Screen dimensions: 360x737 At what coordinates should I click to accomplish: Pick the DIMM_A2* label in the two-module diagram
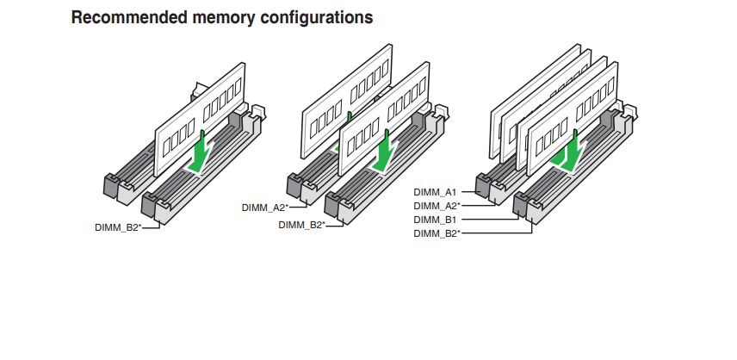265,208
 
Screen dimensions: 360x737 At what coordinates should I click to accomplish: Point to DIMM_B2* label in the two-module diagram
301,225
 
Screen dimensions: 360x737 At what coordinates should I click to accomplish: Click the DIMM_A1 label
436,192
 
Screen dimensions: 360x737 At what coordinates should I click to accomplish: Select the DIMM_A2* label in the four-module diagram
437,206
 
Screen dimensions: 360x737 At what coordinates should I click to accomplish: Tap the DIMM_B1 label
436,220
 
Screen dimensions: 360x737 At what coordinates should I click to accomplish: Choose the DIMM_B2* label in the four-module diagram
437,233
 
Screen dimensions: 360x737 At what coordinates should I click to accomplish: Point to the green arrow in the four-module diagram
571,152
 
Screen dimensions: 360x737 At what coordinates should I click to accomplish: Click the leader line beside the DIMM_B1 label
491,220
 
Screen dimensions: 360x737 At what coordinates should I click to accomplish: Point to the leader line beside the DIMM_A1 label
470,192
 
